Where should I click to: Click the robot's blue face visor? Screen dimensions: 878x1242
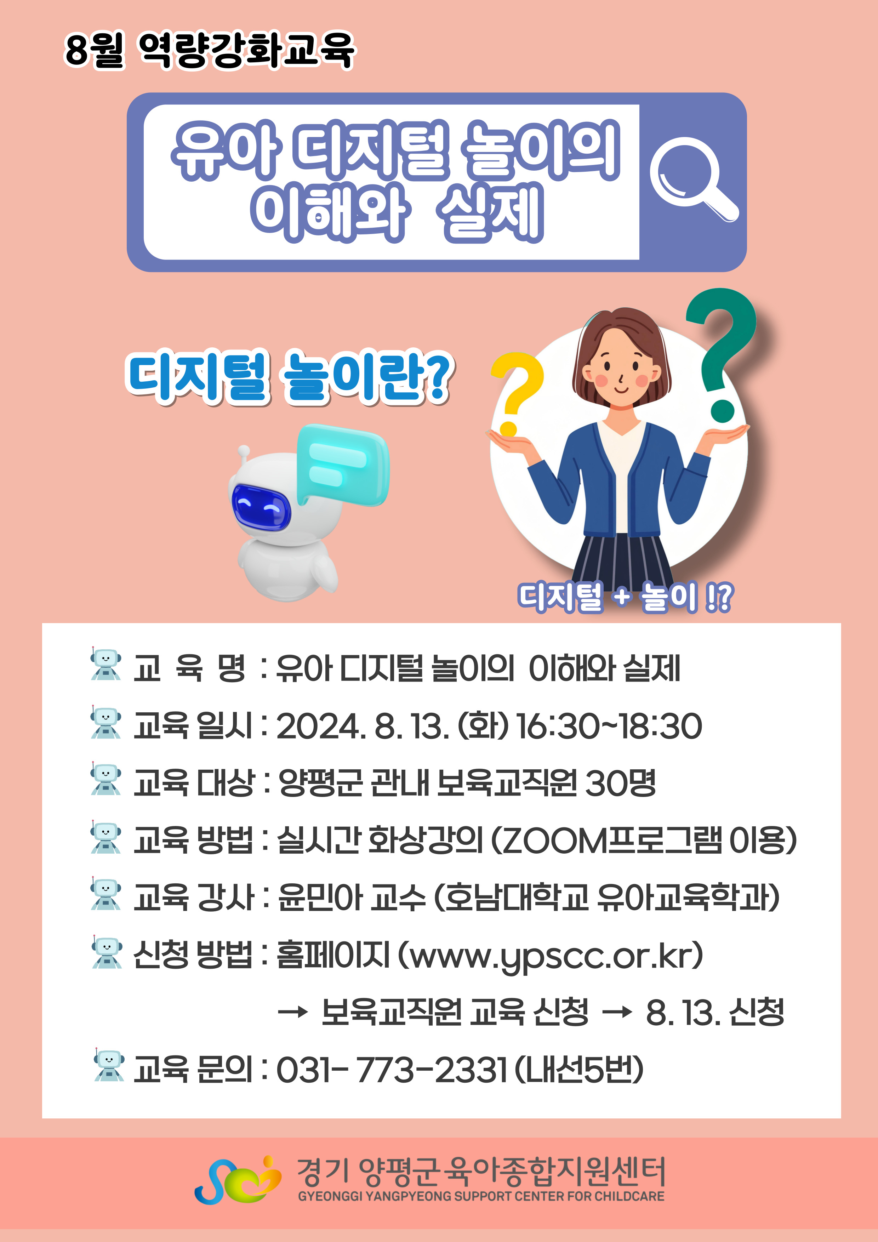click(x=261, y=507)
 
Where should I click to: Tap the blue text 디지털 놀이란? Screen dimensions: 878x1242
click(x=289, y=377)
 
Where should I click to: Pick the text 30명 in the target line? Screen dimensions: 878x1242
click(x=621, y=783)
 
